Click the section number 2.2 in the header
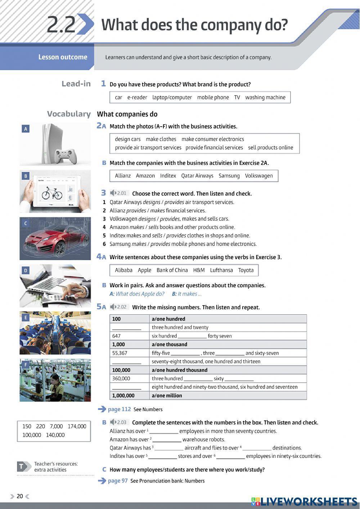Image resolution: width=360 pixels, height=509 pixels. (61, 24)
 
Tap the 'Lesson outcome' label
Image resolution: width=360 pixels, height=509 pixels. (63, 57)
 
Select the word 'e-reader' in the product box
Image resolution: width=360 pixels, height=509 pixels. (137, 97)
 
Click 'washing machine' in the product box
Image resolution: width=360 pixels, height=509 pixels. (265, 97)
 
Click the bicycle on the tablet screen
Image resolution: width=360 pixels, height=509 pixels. (52, 193)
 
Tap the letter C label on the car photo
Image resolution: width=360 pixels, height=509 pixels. (25, 224)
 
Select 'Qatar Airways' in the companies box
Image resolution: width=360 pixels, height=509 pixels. (197, 176)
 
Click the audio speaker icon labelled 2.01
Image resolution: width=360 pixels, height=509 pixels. (113, 193)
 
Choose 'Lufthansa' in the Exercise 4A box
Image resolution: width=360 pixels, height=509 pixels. (221, 270)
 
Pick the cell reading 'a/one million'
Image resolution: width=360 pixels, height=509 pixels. (167, 395)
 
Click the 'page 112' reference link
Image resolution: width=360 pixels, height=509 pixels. (119, 409)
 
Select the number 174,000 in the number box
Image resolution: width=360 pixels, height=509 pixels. (77, 426)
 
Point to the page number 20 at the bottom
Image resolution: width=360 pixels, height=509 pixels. (20, 496)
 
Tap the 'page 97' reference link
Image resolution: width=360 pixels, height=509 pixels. (118, 481)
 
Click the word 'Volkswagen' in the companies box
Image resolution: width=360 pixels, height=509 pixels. (259, 176)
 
